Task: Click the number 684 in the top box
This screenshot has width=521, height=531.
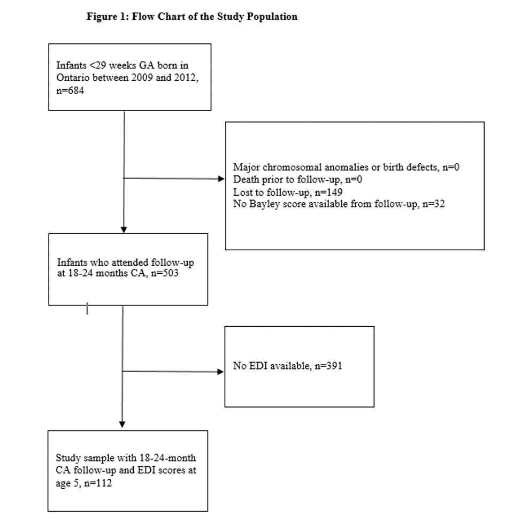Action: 75,91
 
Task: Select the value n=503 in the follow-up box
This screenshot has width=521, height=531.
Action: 165,273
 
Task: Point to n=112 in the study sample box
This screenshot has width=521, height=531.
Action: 98,483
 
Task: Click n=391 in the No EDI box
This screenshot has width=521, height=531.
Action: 328,366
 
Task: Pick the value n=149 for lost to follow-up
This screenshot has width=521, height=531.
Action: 328,193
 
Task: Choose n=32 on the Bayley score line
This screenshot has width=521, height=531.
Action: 434,204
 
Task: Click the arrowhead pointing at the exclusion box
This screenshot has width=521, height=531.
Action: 221,179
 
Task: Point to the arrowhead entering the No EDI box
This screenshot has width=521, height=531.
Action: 220,372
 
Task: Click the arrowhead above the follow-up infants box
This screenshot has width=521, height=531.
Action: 124,230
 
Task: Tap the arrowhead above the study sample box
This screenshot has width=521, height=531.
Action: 122,425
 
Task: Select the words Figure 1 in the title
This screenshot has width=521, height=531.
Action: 106,17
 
